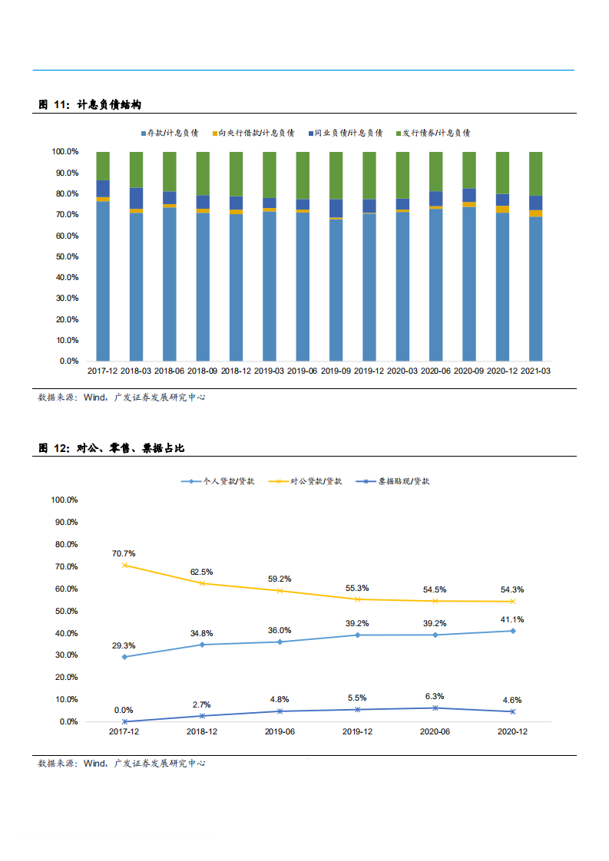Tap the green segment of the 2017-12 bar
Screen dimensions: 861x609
pyautogui.click(x=102, y=166)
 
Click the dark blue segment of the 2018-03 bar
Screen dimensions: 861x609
pyautogui.click(x=136, y=198)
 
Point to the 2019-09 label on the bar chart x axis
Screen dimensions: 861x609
pyautogui.click(x=336, y=371)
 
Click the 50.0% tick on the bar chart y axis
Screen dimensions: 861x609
pyautogui.click(x=65, y=256)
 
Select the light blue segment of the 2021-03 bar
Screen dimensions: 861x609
pyautogui.click(x=535, y=289)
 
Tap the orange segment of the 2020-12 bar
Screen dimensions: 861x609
pyautogui.click(x=502, y=209)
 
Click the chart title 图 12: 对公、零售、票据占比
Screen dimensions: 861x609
pyautogui.click(x=111, y=447)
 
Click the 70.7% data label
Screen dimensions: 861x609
pyautogui.click(x=124, y=553)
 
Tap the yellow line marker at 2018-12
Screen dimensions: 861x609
pyautogui.click(x=202, y=583)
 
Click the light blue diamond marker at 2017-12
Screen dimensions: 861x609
pyautogui.click(x=124, y=657)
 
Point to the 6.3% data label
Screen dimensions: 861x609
pyautogui.click(x=434, y=696)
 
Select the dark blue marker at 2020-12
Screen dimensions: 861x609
pyautogui.click(x=512, y=711)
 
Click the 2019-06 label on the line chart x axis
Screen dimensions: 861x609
pyautogui.click(x=280, y=733)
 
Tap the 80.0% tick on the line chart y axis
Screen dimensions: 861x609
pyautogui.click(x=65, y=544)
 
